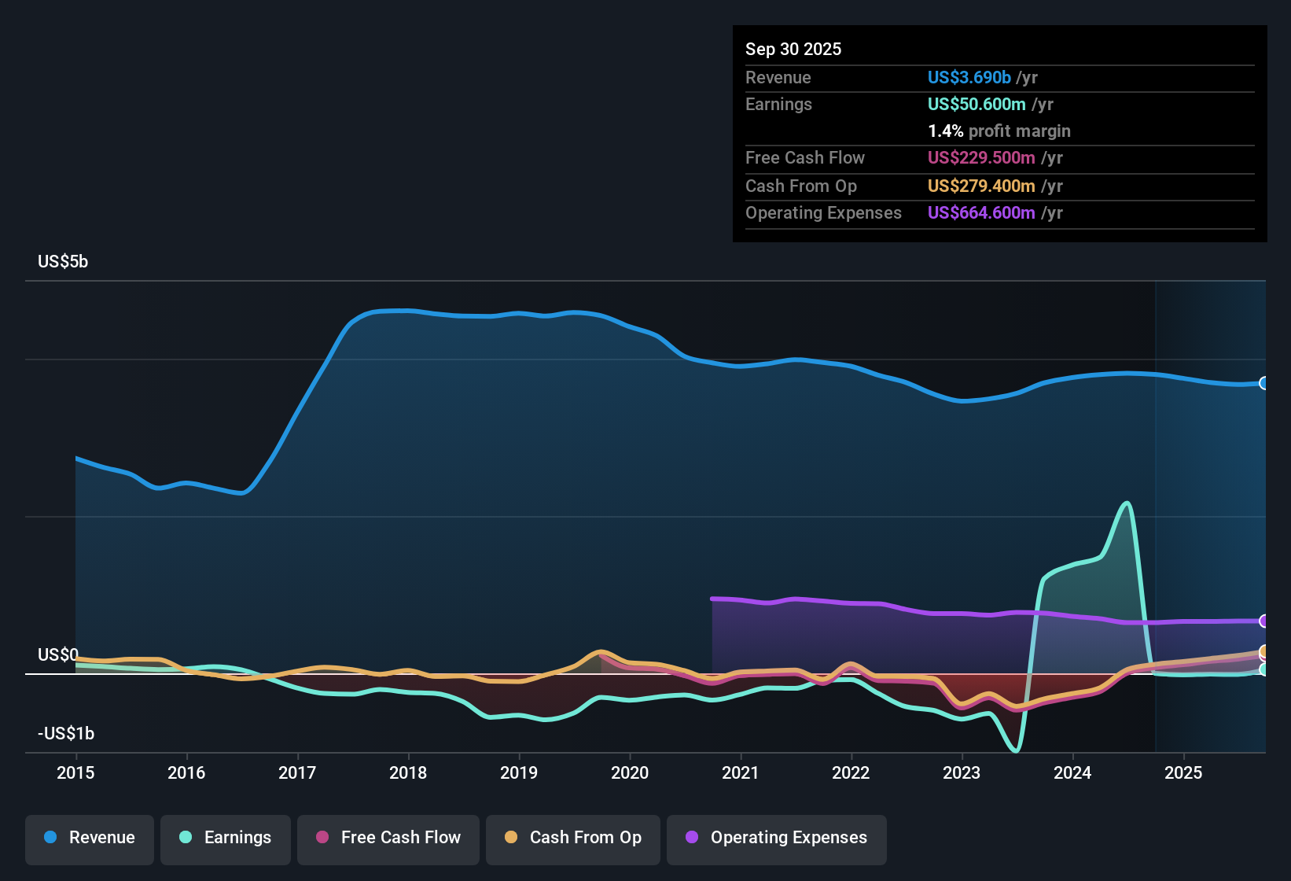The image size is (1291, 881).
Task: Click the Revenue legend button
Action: click(x=90, y=838)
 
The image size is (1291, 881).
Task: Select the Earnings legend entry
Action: click(x=226, y=838)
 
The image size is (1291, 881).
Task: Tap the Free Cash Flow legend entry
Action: click(x=388, y=838)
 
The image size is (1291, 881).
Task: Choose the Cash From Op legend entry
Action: click(x=573, y=838)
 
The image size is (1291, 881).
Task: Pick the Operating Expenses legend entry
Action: click(x=777, y=838)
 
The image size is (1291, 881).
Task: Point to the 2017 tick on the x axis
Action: click(x=297, y=772)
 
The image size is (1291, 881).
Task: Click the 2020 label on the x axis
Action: click(x=630, y=772)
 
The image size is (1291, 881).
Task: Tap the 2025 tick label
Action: click(x=1183, y=772)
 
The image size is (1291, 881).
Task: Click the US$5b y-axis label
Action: click(x=63, y=261)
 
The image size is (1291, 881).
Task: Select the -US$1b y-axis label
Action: click(x=66, y=733)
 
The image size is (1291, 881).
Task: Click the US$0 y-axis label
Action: click(x=58, y=654)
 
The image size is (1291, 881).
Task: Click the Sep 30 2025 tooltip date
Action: click(x=793, y=49)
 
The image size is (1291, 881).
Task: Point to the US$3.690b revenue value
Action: click(x=969, y=77)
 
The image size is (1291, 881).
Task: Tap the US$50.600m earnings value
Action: click(x=977, y=104)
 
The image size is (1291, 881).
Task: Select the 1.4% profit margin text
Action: click(x=999, y=131)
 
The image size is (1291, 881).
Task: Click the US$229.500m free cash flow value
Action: click(x=981, y=157)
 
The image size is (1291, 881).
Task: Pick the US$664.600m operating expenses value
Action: click(x=981, y=212)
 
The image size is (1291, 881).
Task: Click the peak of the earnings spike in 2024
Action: click(x=1127, y=503)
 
